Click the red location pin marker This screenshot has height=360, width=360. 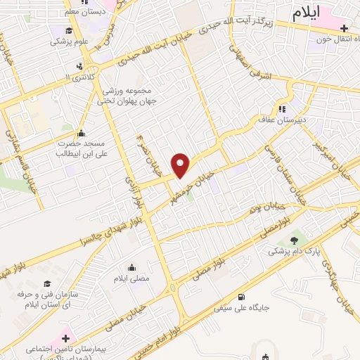click(181, 165)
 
